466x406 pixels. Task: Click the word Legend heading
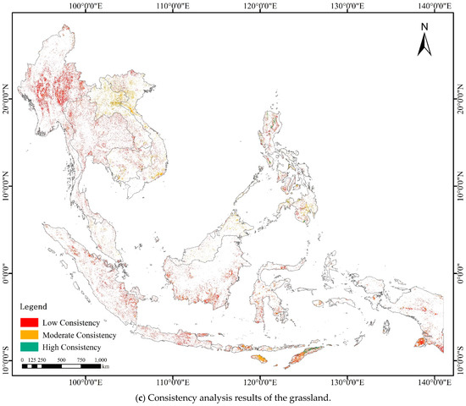[x=35, y=305]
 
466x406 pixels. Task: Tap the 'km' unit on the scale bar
[x=106, y=367]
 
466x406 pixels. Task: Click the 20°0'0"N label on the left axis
[x=8, y=101]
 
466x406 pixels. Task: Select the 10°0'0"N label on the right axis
[x=460, y=186]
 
